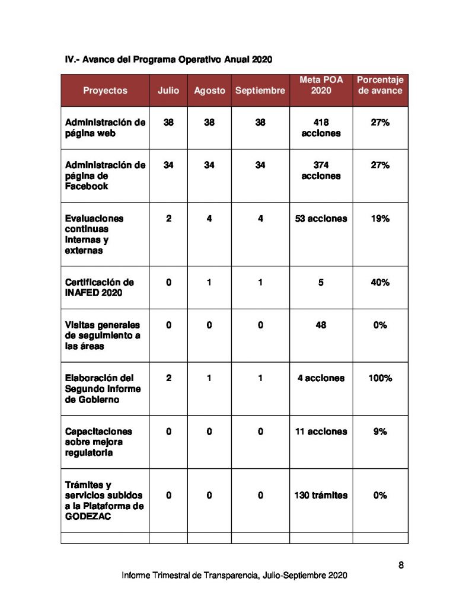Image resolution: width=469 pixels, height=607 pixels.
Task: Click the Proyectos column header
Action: pyautogui.click(x=105, y=91)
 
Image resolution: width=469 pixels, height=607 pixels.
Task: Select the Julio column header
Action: pyautogui.click(x=168, y=91)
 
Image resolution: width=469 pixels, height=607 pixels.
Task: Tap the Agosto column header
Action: pyautogui.click(x=209, y=91)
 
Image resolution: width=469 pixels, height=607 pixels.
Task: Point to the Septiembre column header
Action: pyautogui.click(x=260, y=91)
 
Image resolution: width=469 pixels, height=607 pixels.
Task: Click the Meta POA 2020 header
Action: pyautogui.click(x=321, y=85)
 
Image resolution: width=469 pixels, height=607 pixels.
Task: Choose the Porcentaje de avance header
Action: pyautogui.click(x=380, y=85)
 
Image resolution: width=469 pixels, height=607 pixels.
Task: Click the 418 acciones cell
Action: pyautogui.click(x=321, y=128)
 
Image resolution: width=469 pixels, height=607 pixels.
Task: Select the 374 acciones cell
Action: pyautogui.click(x=321, y=171)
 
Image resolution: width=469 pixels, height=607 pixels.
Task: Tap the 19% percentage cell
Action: pyautogui.click(x=380, y=219)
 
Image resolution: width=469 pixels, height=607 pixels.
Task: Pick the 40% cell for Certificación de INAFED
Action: pyautogui.click(x=380, y=283)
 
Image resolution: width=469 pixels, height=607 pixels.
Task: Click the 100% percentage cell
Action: pyautogui.click(x=380, y=378)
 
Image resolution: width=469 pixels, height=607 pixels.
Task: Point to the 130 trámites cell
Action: pyautogui.click(x=321, y=495)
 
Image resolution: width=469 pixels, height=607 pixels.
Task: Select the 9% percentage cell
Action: pyautogui.click(x=380, y=432)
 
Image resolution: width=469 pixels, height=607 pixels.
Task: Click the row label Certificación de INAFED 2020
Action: pyautogui.click(x=99, y=288)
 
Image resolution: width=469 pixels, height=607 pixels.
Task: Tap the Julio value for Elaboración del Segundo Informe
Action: pyautogui.click(x=168, y=378)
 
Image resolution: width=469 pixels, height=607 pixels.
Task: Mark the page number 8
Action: pyautogui.click(x=401, y=565)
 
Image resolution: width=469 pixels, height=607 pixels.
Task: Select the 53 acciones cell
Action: pyautogui.click(x=321, y=219)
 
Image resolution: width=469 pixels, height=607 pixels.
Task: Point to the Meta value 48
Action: pyautogui.click(x=321, y=325)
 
